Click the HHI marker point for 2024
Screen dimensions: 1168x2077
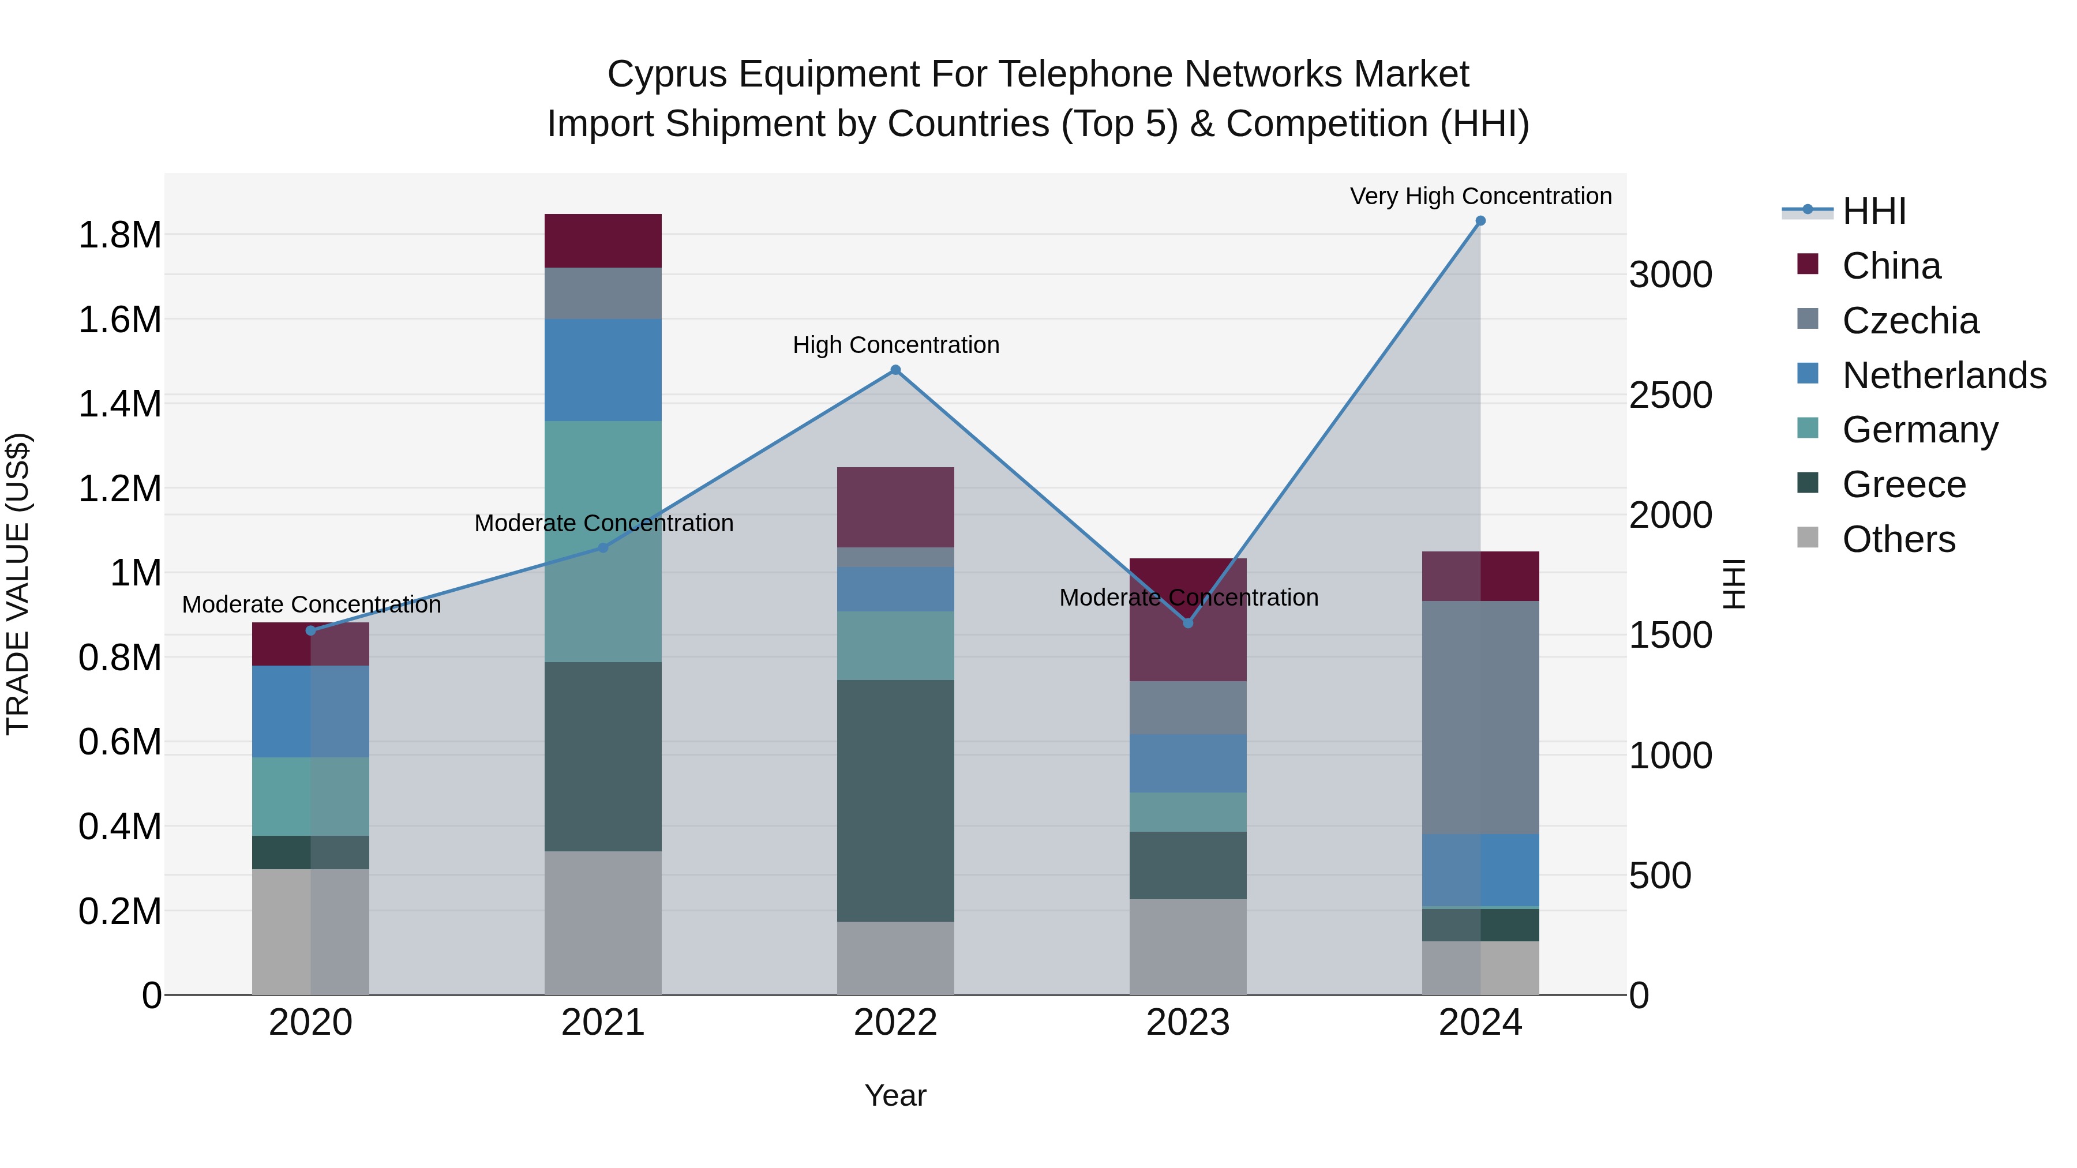1480,221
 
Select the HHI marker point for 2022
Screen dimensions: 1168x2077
895,370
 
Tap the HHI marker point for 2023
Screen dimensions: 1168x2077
1188,623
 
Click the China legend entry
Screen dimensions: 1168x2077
1891,266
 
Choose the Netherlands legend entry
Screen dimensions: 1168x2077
1943,375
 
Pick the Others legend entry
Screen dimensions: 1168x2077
1898,539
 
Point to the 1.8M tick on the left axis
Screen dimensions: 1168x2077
119,235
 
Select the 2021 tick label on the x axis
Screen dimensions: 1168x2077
603,1023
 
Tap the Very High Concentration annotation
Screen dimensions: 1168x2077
1480,196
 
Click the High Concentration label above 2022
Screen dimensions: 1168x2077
895,345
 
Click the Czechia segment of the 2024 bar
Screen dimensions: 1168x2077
1480,718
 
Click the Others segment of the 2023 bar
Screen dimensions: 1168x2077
1188,947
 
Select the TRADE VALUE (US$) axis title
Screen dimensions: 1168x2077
18,584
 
